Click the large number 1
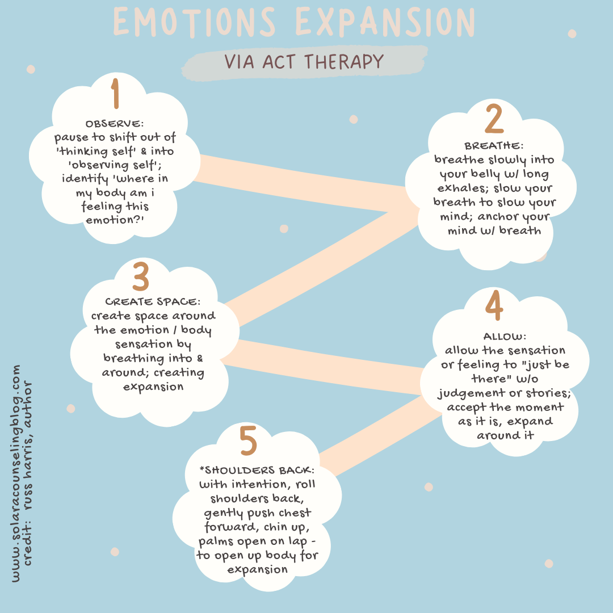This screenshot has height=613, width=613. coord(116,94)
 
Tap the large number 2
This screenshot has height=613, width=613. coord(494,119)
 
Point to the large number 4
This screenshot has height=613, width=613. coord(494,306)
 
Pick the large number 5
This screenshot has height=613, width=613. coord(249,442)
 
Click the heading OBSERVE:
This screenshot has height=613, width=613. coord(115,124)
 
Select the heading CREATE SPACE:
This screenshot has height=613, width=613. coord(153,302)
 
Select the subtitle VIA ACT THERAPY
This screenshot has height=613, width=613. coord(304,61)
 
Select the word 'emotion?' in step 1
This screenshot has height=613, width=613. coord(115,219)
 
